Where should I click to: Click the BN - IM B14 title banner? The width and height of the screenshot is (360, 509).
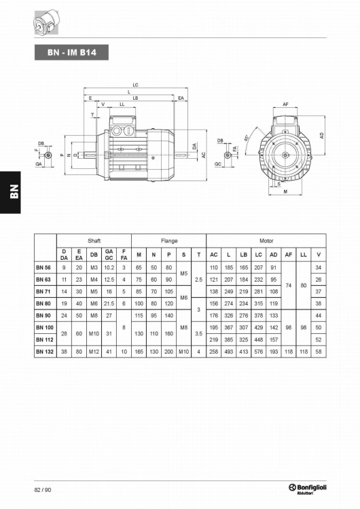tap(71, 52)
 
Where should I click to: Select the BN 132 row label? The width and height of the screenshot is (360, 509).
tap(45, 352)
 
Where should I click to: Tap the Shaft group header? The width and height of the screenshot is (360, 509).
tap(94, 241)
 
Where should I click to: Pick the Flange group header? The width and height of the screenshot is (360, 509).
tap(169, 241)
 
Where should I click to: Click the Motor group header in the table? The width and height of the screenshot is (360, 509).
tap(266, 241)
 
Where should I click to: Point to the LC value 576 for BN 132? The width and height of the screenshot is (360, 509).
tap(259, 352)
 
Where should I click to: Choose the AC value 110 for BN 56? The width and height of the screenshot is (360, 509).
tap(214, 267)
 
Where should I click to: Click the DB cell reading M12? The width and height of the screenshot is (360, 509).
tap(94, 352)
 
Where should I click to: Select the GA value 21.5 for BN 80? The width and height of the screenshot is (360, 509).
tap(109, 303)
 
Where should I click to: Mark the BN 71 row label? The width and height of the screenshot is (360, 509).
tap(43, 292)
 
